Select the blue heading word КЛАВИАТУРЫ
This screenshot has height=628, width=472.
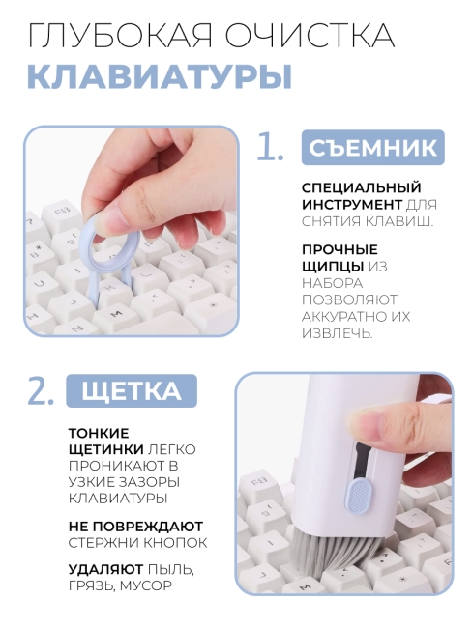pos(159,75)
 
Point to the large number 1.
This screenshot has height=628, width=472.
pos(270,147)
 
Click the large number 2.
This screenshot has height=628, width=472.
pos(40,391)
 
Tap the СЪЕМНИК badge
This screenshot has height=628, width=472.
pos(372,148)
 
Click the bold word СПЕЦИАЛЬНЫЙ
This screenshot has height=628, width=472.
pos(347,187)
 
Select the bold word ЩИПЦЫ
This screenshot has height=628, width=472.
pos(333,266)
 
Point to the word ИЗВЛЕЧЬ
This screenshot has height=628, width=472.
pos(338,332)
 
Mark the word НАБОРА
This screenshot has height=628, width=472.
pos(332,283)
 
